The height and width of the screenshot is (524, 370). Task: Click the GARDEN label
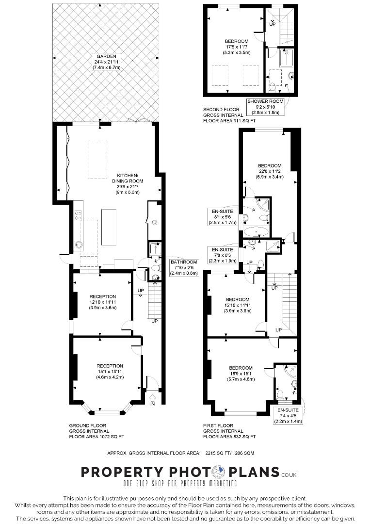106,62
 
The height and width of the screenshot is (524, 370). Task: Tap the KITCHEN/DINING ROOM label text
127,184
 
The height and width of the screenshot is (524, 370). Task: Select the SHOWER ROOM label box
265,107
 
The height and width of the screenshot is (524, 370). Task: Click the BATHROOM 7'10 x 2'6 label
184,267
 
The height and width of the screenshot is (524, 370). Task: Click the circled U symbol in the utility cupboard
154,222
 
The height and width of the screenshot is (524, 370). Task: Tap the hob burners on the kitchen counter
79,215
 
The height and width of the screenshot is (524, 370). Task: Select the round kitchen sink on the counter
79,245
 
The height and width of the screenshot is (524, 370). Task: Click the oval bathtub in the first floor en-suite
256,231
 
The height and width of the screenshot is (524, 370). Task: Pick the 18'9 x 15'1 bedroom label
241,373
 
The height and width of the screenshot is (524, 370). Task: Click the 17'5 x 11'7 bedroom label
237,47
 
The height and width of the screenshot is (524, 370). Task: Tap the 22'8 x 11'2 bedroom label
270,171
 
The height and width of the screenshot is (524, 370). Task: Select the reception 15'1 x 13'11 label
110,372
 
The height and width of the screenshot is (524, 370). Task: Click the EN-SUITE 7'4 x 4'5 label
288,415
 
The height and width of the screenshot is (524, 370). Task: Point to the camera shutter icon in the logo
220,472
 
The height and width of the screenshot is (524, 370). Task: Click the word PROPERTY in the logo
122,472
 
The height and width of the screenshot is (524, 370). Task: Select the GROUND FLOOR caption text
87,426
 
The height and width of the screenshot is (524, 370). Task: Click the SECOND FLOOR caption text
222,109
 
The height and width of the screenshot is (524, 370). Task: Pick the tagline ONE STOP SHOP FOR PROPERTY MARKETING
180,483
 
